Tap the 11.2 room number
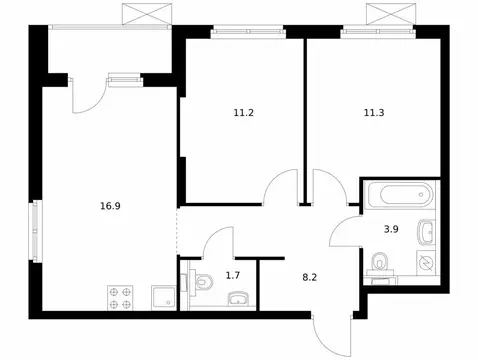coord(241,112)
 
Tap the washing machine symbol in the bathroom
coord(426,264)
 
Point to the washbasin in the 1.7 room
coord(238,299)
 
